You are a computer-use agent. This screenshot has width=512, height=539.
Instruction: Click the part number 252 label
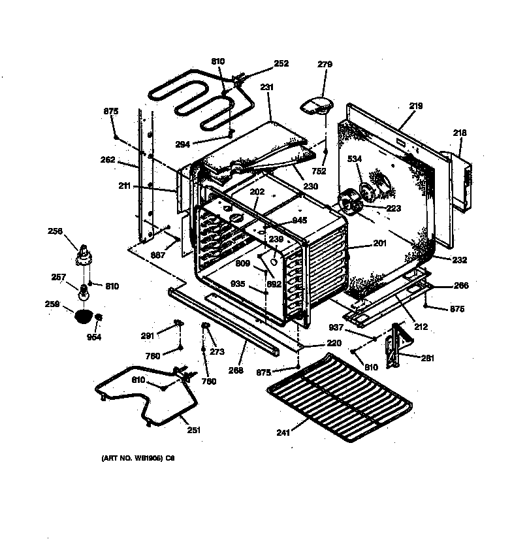pos(281,64)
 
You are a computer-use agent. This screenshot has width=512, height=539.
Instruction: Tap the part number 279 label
pos(325,65)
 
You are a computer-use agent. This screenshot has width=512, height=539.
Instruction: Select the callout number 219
pos(416,106)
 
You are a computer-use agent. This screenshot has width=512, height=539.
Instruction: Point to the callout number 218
pos(460,133)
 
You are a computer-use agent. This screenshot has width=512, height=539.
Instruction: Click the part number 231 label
pos(266,88)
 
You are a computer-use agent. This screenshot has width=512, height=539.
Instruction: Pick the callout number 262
pos(108,160)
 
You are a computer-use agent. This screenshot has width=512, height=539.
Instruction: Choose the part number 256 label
pos(56,231)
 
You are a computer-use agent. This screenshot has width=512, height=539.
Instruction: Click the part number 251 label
pos(193,430)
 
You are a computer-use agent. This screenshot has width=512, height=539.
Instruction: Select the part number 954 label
pos(95,338)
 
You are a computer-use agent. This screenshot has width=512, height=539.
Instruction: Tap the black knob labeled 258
pos(82,317)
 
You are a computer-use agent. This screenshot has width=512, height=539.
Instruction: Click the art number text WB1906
pos(138,459)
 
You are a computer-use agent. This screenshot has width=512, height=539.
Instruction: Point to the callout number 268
pos(236,370)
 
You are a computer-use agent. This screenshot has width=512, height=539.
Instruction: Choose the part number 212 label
pos(421,327)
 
